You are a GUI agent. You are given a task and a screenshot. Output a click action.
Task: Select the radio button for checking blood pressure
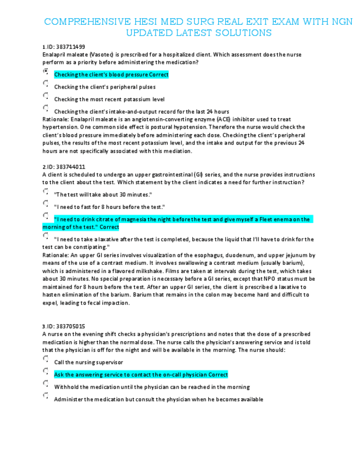[45, 71]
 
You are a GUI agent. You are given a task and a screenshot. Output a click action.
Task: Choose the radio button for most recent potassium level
[45, 97]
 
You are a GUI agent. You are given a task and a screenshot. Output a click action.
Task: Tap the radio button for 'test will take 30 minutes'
[45, 192]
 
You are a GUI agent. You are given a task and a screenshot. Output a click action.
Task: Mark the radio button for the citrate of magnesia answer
[45, 216]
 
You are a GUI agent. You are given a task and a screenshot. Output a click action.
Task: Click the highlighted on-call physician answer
[141, 375]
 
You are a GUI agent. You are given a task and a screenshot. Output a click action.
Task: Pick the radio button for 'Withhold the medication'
[45, 384]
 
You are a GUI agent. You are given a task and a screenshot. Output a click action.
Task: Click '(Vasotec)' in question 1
[104, 55]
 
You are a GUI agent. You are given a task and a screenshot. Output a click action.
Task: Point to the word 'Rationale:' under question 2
[54, 255]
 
